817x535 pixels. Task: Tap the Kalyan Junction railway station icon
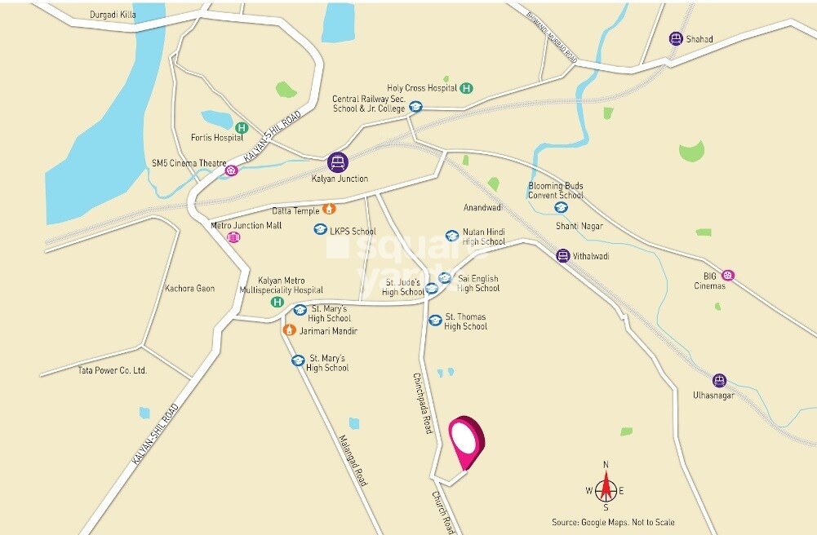[338, 161]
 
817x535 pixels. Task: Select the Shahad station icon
[675, 38]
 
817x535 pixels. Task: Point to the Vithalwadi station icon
[562, 256]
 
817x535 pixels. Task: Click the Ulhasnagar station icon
[719, 380]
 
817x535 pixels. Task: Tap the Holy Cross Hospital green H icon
[466, 88]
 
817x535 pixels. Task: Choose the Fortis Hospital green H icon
[242, 127]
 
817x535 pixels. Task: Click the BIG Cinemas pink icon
[727, 276]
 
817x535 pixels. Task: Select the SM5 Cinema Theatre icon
[232, 170]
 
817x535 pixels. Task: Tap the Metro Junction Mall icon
[233, 237]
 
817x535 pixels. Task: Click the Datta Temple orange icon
[330, 209]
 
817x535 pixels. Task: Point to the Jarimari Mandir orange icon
[288, 330]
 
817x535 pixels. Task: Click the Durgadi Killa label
[113, 15]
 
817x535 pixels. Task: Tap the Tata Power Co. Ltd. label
[112, 370]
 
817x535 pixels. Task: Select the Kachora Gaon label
[189, 289]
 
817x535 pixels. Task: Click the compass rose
[606, 489]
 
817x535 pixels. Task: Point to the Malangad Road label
[353, 460]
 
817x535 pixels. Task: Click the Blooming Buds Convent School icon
[561, 207]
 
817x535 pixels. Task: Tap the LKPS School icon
[321, 230]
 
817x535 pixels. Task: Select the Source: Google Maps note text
[613, 523]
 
